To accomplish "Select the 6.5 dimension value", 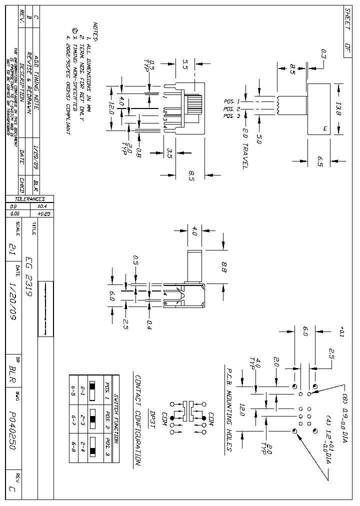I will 320,160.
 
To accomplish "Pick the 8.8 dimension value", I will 223,268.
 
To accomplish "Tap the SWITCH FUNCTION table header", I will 115,419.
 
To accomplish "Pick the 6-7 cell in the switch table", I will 74,419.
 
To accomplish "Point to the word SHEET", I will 348,19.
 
